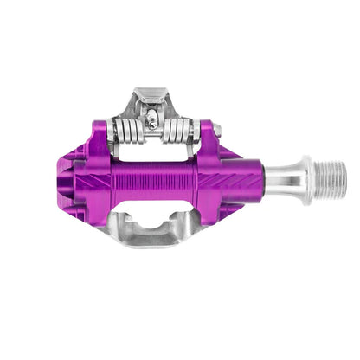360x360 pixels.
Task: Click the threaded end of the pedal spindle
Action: pyautogui.click(x=331, y=178)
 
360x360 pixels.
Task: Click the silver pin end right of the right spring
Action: pyautogui.click(x=216, y=131)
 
